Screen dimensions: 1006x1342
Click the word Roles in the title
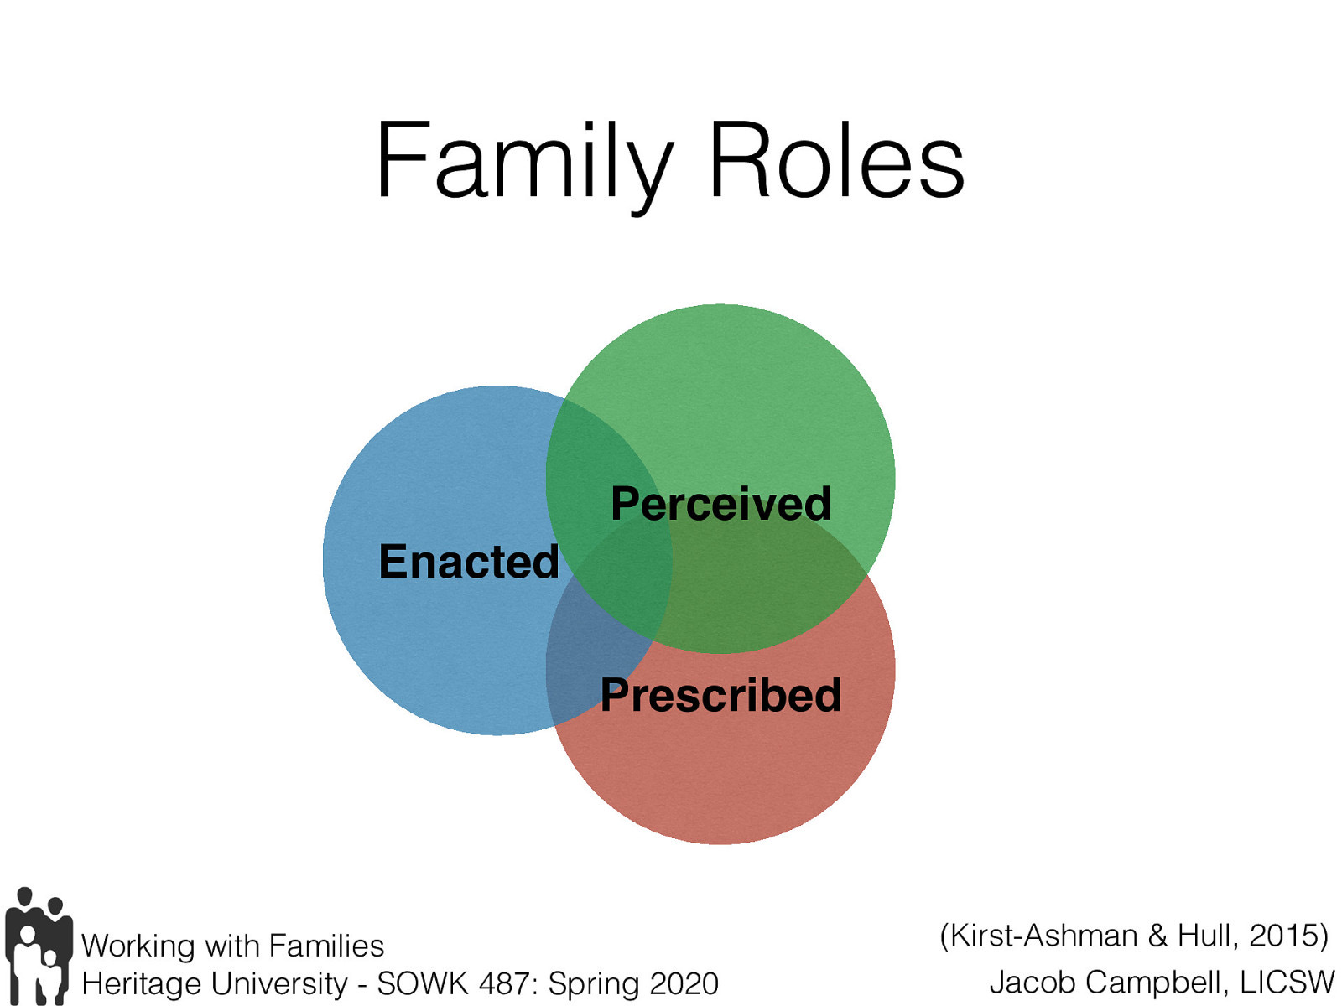coord(836,161)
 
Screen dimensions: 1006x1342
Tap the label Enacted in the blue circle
coord(468,561)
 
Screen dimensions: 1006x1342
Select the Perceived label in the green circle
coord(720,504)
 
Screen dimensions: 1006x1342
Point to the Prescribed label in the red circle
coord(720,695)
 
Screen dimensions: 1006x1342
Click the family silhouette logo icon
coord(38,946)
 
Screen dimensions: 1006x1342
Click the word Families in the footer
coord(326,946)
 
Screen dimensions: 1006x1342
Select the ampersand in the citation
coord(1157,935)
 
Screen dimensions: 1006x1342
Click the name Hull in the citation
coord(1205,935)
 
